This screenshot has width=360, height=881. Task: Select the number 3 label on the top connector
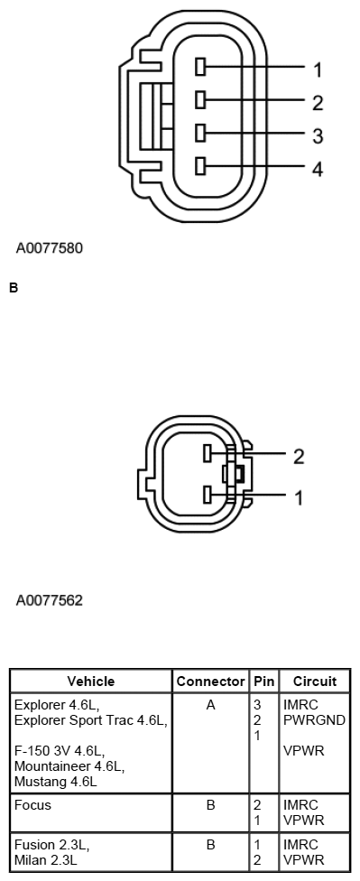318,136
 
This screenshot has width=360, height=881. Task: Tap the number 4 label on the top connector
318,169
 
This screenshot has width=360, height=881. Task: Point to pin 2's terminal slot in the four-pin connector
201,100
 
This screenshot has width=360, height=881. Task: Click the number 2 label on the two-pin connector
299,457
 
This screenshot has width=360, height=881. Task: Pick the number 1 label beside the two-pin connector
299,497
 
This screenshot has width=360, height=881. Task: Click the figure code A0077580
50,246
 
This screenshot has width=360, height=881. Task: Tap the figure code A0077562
50,599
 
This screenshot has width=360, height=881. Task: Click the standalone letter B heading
13,289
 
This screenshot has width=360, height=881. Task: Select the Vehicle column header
91,682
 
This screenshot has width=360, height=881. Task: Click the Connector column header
210,682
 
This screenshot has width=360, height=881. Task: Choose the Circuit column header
315,682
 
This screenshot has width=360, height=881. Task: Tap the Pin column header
264,682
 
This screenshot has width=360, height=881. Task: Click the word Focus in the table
32,804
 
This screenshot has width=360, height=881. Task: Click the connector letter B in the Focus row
210,804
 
